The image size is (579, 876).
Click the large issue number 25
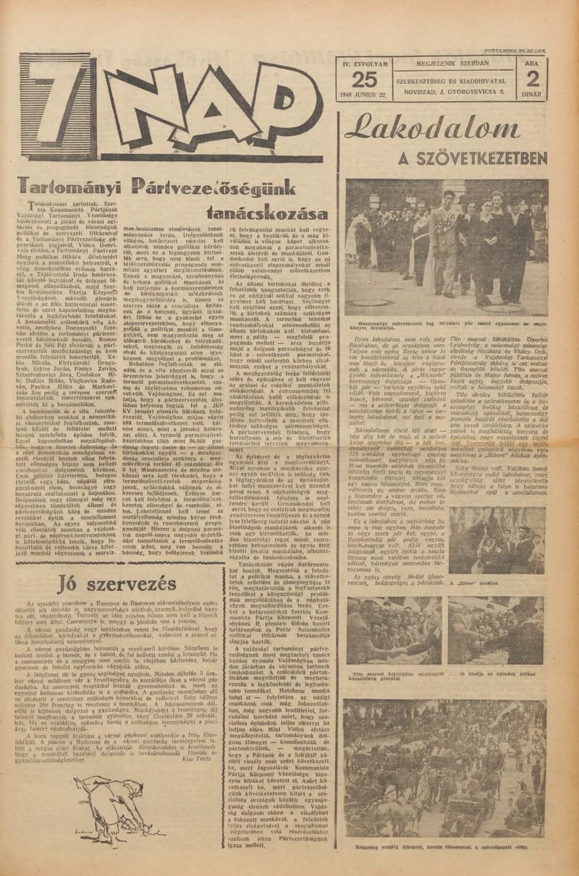[x=365, y=80]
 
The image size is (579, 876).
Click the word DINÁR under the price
[x=533, y=94]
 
